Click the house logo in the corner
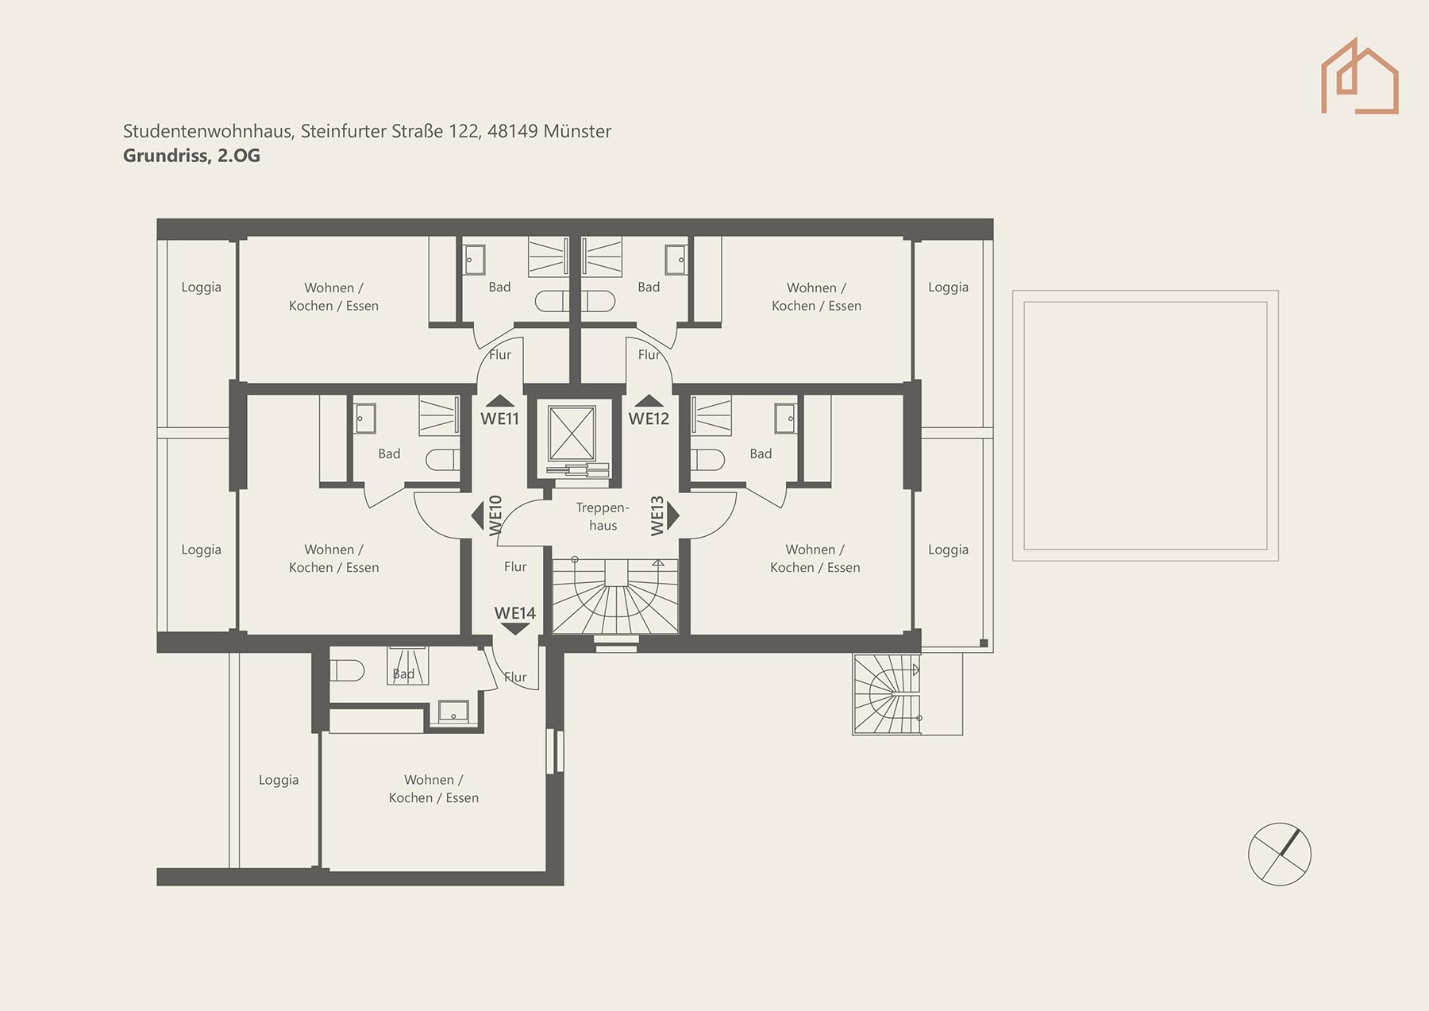pyautogui.click(x=1359, y=76)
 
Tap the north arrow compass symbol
pyautogui.click(x=1279, y=854)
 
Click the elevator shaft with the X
pyautogui.click(x=572, y=434)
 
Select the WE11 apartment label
pyautogui.click(x=499, y=419)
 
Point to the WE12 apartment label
pyautogui.click(x=649, y=419)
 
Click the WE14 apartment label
pyautogui.click(x=514, y=613)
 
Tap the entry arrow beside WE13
pyautogui.click(x=673, y=515)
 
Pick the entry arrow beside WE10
pyautogui.click(x=477, y=515)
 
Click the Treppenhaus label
pyautogui.click(x=603, y=516)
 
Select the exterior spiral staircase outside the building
pyautogui.click(x=887, y=694)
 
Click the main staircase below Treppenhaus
pyautogui.click(x=615, y=596)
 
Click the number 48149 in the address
pyautogui.click(x=512, y=131)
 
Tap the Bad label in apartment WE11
pyautogui.click(x=499, y=287)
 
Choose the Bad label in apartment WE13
pyautogui.click(x=761, y=453)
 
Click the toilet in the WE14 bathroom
pyautogui.click(x=347, y=670)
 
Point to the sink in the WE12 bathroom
pyautogui.click(x=676, y=260)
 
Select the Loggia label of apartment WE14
pyautogui.click(x=279, y=780)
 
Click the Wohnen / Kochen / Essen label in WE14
pyautogui.click(x=433, y=789)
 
